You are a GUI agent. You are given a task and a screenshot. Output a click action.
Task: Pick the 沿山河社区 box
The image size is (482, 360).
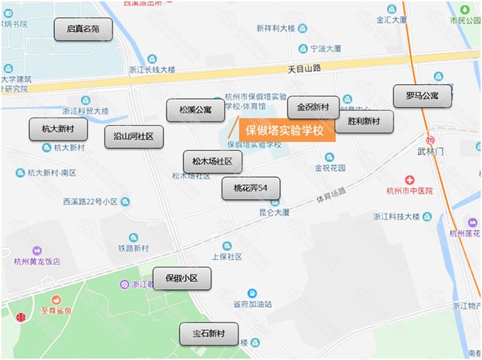133,137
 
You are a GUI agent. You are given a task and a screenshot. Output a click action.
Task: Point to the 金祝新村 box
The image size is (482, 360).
313,107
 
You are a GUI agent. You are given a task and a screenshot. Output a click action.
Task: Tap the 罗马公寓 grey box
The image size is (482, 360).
422,96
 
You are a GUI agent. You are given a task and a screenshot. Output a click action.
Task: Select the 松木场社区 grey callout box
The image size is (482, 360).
212,162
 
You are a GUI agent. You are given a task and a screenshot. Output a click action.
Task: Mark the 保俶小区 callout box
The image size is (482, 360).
181,279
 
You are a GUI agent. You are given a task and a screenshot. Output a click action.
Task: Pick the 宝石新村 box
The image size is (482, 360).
208,334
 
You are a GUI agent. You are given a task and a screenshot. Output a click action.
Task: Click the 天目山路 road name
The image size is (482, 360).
304,69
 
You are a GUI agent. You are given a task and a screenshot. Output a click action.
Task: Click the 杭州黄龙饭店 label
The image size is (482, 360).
37,261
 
